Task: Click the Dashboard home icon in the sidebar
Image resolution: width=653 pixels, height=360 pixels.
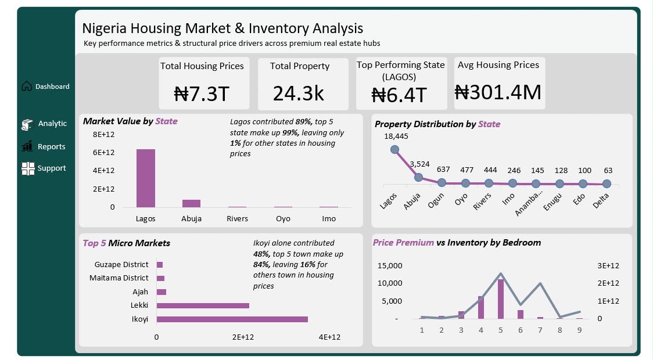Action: tap(27, 86)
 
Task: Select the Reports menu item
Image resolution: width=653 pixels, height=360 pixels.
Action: tap(51, 146)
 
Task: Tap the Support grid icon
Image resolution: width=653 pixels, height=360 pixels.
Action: tap(28, 168)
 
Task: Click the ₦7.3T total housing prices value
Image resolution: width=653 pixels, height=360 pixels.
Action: tap(202, 93)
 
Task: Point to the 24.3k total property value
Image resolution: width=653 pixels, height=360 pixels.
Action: tap(298, 93)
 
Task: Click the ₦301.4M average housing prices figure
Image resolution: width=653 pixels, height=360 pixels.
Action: tap(498, 92)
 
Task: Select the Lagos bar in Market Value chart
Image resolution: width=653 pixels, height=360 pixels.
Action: tap(146, 178)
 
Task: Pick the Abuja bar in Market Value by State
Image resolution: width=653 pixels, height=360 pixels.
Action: tap(192, 203)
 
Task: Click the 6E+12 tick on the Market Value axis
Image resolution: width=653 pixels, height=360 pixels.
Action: tap(103, 152)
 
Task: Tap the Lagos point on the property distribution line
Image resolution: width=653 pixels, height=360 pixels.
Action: tap(395, 149)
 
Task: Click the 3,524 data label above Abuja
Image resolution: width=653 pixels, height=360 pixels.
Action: tap(420, 164)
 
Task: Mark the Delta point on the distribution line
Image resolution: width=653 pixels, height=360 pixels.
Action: tap(607, 183)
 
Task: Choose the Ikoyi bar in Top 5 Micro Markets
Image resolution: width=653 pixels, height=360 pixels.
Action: tap(232, 319)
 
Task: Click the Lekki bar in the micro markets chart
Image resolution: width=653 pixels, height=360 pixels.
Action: tap(203, 305)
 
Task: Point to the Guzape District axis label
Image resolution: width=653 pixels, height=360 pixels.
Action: tap(121, 264)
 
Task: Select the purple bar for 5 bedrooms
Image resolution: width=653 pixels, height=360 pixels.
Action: tap(501, 299)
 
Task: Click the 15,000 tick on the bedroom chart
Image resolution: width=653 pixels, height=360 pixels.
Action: tap(390, 265)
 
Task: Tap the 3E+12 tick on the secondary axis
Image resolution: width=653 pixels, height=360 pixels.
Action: tap(608, 265)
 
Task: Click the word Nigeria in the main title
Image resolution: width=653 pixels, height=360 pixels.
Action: tap(104, 28)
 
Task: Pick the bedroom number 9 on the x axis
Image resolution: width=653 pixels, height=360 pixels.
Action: tap(579, 330)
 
